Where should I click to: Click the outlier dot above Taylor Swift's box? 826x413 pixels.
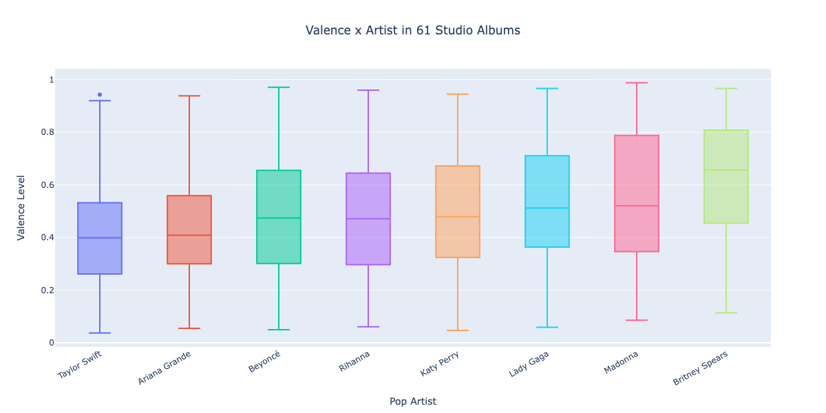[100, 94]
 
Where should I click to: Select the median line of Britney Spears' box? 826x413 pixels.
[726, 170]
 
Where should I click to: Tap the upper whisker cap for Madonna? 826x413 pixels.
[637, 83]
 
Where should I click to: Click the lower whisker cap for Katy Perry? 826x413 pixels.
[458, 330]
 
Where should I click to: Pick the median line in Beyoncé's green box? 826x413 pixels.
[279, 218]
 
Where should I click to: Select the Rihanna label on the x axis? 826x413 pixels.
[354, 361]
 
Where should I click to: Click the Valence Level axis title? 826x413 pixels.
[21, 206]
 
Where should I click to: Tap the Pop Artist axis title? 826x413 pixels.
[413, 401]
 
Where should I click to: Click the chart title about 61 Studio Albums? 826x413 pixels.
[413, 30]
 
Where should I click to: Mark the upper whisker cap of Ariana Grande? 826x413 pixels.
[189, 96]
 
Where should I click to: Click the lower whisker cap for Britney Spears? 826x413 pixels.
[726, 313]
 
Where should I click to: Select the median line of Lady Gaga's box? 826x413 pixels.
[547, 208]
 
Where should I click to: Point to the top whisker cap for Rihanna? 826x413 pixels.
[368, 90]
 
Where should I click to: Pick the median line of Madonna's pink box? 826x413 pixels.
[637, 206]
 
